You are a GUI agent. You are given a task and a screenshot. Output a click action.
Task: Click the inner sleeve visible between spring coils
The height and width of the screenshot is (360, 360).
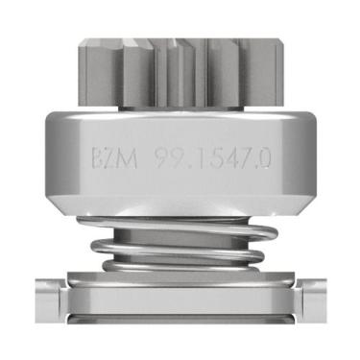pos(182,241)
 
